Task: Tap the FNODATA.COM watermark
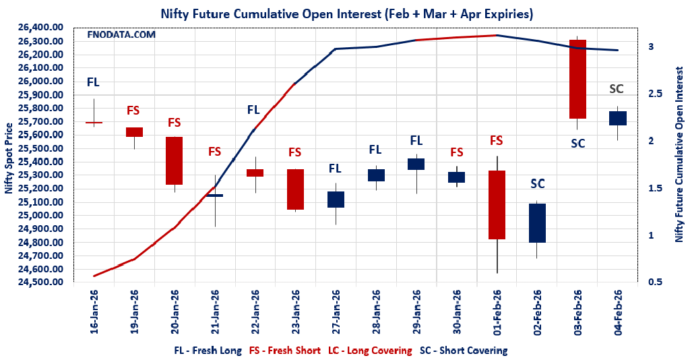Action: [122, 34]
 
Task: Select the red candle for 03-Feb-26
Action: [578, 79]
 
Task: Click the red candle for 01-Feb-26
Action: [497, 205]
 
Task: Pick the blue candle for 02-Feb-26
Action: [537, 223]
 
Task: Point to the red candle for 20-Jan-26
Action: [175, 160]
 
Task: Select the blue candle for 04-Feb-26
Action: [618, 118]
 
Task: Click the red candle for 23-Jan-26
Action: [295, 189]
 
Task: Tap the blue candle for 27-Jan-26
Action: [336, 200]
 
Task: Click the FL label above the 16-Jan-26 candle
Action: [93, 82]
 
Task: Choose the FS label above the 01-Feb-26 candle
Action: [497, 141]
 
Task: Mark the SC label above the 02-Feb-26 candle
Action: [537, 183]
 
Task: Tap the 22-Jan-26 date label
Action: [255, 312]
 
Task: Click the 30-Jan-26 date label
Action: [457, 312]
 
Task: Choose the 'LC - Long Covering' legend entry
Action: [370, 351]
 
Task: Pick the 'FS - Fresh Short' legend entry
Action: [286, 351]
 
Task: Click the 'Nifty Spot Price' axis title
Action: [9, 158]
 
